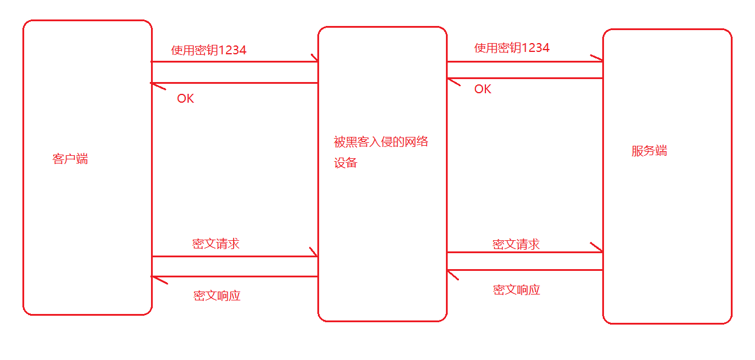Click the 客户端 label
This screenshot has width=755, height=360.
coord(70,159)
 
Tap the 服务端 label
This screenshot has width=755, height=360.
coord(649,150)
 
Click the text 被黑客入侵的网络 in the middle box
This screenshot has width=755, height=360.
coord(380,142)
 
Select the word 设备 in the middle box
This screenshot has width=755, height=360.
coord(346,163)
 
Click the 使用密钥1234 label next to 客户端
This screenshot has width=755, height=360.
coord(209,50)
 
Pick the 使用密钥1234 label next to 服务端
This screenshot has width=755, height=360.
coord(511,48)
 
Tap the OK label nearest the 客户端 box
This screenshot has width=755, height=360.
coord(185,99)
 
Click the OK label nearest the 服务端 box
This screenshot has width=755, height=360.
coord(482,89)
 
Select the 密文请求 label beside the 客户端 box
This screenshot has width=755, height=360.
coord(216,244)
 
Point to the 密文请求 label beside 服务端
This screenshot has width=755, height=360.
coord(516,244)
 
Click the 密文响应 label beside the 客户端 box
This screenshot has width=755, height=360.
coord(217,296)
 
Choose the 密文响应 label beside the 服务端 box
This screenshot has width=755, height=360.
coord(516,290)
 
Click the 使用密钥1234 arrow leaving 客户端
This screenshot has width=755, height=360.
coord(235,61)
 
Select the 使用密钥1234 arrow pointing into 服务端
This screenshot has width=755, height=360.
coord(524,61)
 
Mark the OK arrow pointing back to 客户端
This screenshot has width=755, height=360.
coord(235,83)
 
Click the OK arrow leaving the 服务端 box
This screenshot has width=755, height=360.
coord(524,78)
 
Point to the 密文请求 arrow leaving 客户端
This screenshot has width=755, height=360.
coord(235,256)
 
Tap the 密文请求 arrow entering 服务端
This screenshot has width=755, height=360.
coord(524,252)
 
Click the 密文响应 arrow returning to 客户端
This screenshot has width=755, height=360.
coord(235,276)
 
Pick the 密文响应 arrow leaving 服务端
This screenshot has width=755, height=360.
coord(524,270)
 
